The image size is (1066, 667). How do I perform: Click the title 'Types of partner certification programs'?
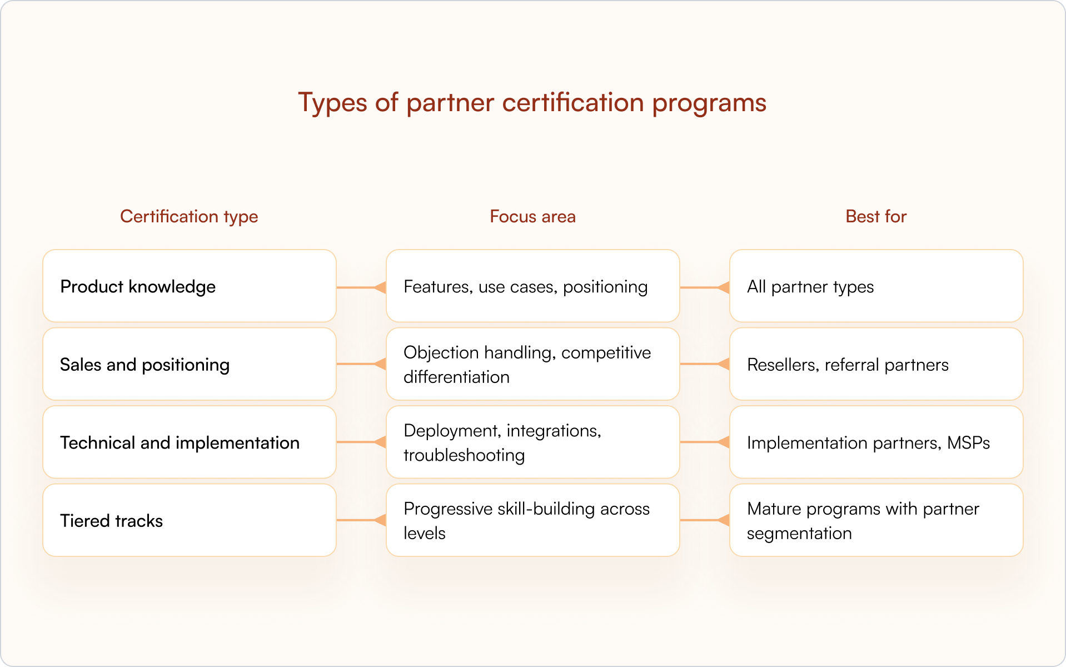tap(532, 103)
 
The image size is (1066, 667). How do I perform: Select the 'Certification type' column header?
tap(189, 216)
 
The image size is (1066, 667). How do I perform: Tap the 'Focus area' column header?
tap(532, 216)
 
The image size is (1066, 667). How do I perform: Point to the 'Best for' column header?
tap(875, 216)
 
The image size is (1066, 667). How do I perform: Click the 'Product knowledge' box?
tap(189, 286)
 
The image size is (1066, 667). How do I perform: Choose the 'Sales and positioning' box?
tap(189, 365)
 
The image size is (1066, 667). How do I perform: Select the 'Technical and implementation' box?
tap(189, 442)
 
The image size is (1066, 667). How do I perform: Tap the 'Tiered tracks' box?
tap(189, 521)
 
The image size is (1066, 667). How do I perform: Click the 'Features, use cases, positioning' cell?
tap(532, 286)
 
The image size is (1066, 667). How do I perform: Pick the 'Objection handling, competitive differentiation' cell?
tap(532, 365)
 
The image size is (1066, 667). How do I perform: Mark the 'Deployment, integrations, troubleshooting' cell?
tap(532, 442)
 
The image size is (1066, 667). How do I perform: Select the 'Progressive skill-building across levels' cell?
tap(532, 521)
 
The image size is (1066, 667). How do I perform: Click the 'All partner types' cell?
tap(876, 286)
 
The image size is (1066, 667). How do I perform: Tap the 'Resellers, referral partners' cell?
tap(876, 365)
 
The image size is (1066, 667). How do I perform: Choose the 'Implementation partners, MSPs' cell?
tap(876, 442)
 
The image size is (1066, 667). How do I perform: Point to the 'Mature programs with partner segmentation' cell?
tap(876, 521)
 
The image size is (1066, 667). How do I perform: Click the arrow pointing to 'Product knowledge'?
tap(361, 287)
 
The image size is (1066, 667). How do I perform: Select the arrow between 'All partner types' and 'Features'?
tap(705, 287)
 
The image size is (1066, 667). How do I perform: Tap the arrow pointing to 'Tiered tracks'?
tap(361, 520)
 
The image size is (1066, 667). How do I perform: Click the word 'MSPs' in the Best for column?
tap(968, 443)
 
